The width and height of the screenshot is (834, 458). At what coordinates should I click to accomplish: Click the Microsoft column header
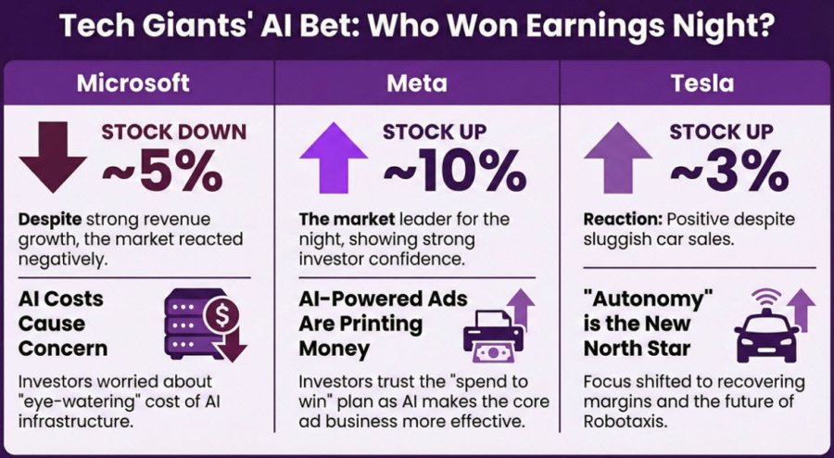point(133,83)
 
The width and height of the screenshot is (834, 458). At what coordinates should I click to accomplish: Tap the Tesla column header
point(703,83)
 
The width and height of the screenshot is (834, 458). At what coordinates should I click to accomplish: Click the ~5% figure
point(161,171)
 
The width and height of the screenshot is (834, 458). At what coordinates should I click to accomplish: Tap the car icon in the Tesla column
point(762,335)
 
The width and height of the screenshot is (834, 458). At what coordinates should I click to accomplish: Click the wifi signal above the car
point(763,296)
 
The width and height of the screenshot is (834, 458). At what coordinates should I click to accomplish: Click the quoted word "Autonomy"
point(645,299)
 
